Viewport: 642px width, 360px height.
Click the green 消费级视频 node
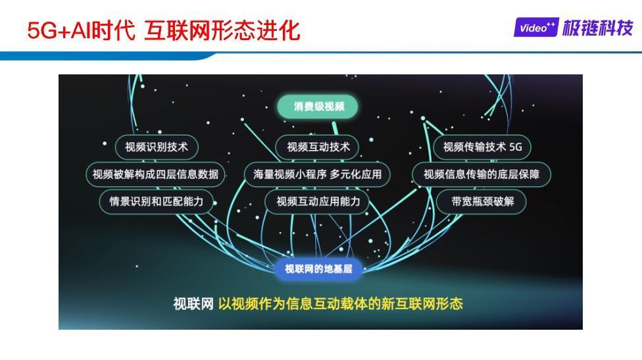pyautogui.click(x=317, y=107)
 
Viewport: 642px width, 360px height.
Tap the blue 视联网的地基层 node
pyautogui.click(x=318, y=269)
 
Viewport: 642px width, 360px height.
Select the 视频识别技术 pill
pyautogui.click(x=157, y=147)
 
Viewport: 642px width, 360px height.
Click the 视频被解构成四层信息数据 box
pyautogui.click(x=156, y=174)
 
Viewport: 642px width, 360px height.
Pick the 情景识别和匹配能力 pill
pyautogui.click(x=157, y=201)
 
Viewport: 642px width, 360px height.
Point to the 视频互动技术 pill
pyautogui.click(x=318, y=147)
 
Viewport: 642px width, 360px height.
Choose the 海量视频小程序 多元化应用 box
pyautogui.click(x=317, y=174)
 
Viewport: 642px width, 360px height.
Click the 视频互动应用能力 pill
pyautogui.click(x=318, y=201)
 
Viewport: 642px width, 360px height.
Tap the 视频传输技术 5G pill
pyautogui.click(x=482, y=147)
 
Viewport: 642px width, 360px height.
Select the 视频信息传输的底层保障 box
pyautogui.click(x=481, y=174)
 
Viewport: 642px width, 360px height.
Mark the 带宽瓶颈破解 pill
pyautogui.click(x=482, y=201)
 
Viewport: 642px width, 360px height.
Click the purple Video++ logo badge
pyautogui.click(x=536, y=28)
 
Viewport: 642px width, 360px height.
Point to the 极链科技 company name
pyautogui.click(x=597, y=28)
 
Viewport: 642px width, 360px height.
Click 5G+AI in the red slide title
pyautogui.click(x=59, y=31)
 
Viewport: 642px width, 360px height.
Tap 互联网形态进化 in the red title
pyautogui.click(x=222, y=31)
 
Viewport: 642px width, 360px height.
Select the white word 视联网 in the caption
pyautogui.click(x=193, y=304)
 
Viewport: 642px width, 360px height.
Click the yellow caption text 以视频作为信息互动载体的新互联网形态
pyautogui.click(x=341, y=304)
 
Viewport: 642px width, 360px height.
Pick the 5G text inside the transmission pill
pyautogui.click(x=516, y=147)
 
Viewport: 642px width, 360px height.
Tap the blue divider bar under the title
pyautogui.click(x=321, y=55)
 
